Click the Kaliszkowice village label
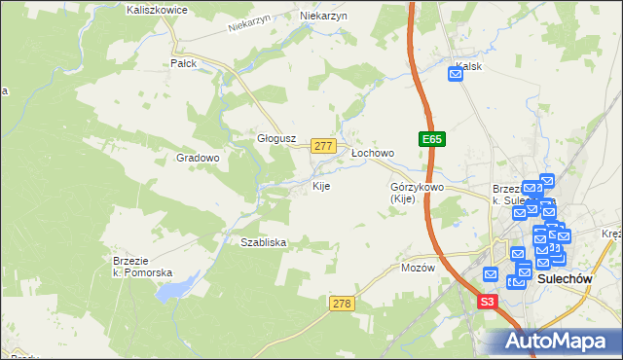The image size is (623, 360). [x=157, y=10]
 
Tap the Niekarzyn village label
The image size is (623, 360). [x=324, y=17]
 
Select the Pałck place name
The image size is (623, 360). [x=184, y=63]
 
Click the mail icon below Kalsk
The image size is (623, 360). [x=456, y=73]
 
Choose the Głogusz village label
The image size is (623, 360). [x=275, y=138]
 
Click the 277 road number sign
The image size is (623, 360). [x=324, y=146]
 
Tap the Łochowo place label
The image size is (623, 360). [x=372, y=154]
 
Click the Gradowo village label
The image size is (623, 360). [x=198, y=158]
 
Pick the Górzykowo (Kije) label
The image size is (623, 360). [x=417, y=193]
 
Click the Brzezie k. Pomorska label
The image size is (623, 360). [x=142, y=267]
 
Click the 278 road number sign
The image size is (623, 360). [x=341, y=305]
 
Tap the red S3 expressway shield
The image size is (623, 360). [x=488, y=303]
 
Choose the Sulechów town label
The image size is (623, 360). [x=566, y=278]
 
